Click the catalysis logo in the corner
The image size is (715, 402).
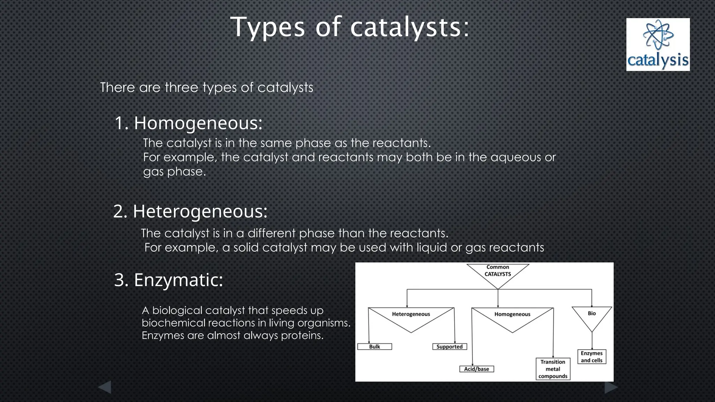pos(658,45)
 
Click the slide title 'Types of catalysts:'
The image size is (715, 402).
pos(350,27)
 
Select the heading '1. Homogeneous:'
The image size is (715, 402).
pos(189,123)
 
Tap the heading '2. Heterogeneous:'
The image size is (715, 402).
pos(190,211)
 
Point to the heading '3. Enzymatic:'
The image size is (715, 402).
pos(169,280)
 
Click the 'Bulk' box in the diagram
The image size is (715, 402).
pos(375,347)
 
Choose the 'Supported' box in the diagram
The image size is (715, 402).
pos(449,347)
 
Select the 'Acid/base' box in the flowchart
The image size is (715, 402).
pos(476,369)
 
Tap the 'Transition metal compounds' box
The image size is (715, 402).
pos(553,369)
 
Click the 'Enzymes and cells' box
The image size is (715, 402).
pos(592,357)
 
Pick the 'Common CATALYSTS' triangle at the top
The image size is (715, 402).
pos(498,272)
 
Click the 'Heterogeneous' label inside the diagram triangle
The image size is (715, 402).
pos(411,314)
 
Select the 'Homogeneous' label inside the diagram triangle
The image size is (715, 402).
pos(512,314)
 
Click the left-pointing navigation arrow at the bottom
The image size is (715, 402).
pos(104,387)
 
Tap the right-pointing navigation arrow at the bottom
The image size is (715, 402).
pos(611,387)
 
